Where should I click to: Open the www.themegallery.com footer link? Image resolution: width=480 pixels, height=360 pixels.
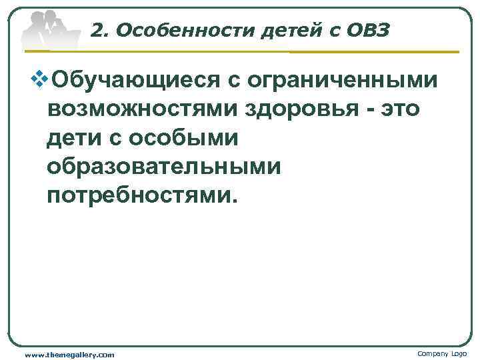[69, 353]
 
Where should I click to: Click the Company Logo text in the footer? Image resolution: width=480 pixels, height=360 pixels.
[442, 353]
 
